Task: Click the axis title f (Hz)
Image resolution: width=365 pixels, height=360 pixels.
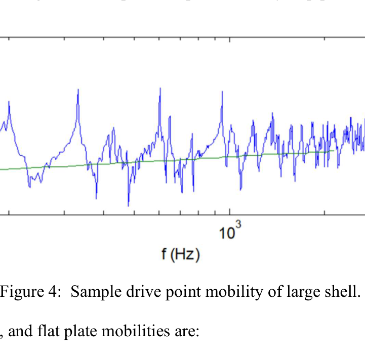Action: click(181, 254)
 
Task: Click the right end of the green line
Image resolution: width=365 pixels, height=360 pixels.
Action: click(334, 150)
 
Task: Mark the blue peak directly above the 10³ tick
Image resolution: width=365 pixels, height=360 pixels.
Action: click(222, 92)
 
